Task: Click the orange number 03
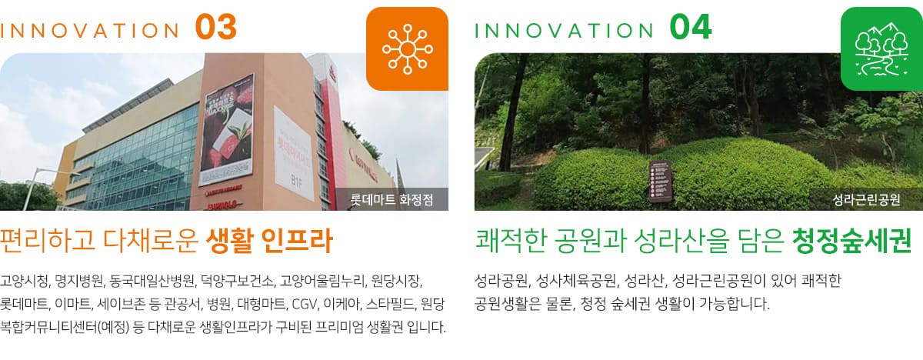(x=216, y=27)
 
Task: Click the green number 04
(x=691, y=27)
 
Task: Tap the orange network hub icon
(x=407, y=49)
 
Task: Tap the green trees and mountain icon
(x=881, y=49)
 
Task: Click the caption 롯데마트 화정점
(x=392, y=200)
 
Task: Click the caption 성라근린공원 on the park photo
(x=866, y=200)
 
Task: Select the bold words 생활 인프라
(x=269, y=241)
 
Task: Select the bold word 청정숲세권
(x=851, y=241)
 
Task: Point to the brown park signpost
(x=661, y=181)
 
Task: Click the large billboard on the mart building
(x=227, y=130)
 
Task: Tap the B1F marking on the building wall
(x=296, y=181)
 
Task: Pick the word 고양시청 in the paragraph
(x=25, y=281)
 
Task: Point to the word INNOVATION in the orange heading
(x=90, y=31)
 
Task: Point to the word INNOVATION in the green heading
(x=564, y=31)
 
